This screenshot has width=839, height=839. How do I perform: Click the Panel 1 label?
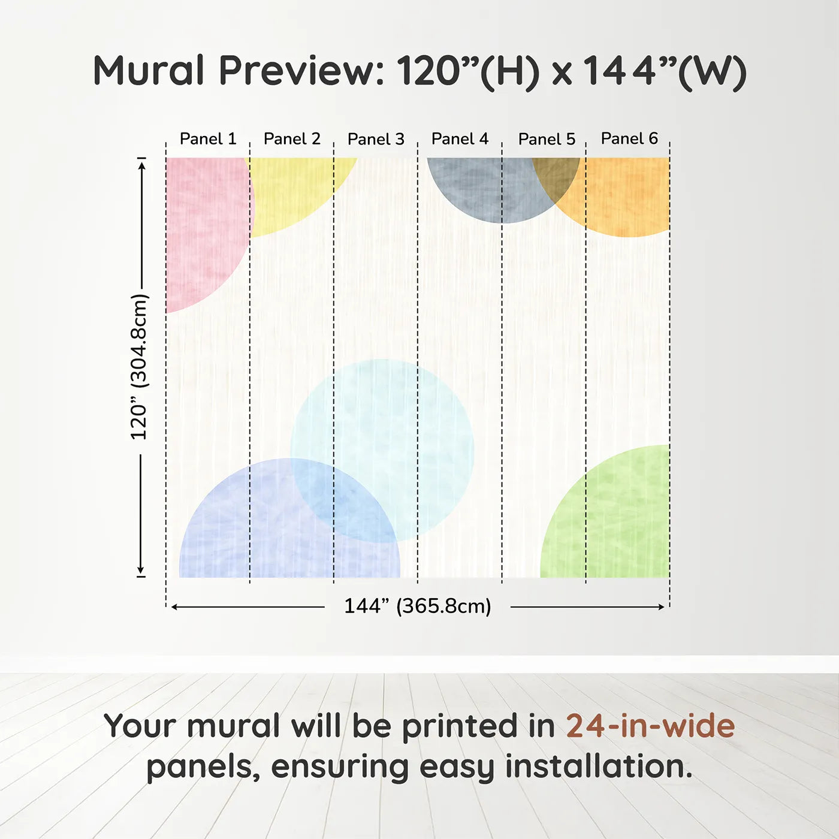(x=208, y=139)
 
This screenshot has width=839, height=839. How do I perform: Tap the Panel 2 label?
(x=292, y=139)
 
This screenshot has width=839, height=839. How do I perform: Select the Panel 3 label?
(x=376, y=139)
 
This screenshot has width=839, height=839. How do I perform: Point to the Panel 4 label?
(x=460, y=139)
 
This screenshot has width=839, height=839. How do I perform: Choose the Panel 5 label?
(x=547, y=139)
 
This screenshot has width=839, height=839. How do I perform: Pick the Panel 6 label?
(x=629, y=138)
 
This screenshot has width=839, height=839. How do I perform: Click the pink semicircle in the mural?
(x=204, y=228)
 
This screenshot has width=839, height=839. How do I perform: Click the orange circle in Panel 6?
(x=629, y=198)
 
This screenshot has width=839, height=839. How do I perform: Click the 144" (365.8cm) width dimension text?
(x=417, y=606)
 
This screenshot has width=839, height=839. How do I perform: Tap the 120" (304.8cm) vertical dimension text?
(x=138, y=367)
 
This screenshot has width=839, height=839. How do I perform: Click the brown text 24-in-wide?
(x=650, y=726)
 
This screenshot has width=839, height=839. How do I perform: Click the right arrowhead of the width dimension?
(x=662, y=607)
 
